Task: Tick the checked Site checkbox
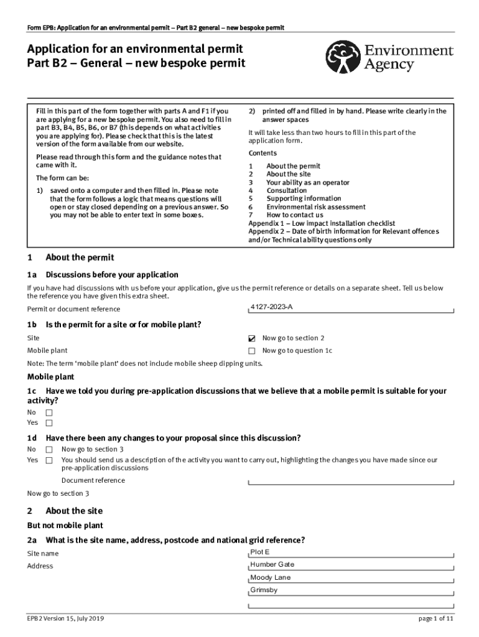tap(252, 339)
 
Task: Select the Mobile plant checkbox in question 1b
tap(252, 351)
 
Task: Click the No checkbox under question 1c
tap(49, 412)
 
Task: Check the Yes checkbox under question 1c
tap(49, 423)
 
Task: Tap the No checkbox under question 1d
tap(49, 449)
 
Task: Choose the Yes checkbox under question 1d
tap(49, 460)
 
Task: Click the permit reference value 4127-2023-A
tap(271, 307)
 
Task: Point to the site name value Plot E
tap(260, 552)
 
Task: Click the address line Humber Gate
tap(272, 565)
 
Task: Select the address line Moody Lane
tap(270, 577)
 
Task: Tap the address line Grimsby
tap(264, 590)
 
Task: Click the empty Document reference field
tap(351, 481)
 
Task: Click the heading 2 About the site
tap(65, 511)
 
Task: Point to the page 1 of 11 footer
tap(436, 619)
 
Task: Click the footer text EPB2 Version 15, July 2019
tap(65, 619)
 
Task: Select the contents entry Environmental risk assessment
tap(316, 207)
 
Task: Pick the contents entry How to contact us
tap(295, 215)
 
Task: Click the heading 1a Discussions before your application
tap(103, 274)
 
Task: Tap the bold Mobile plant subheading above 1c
tap(50, 377)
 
